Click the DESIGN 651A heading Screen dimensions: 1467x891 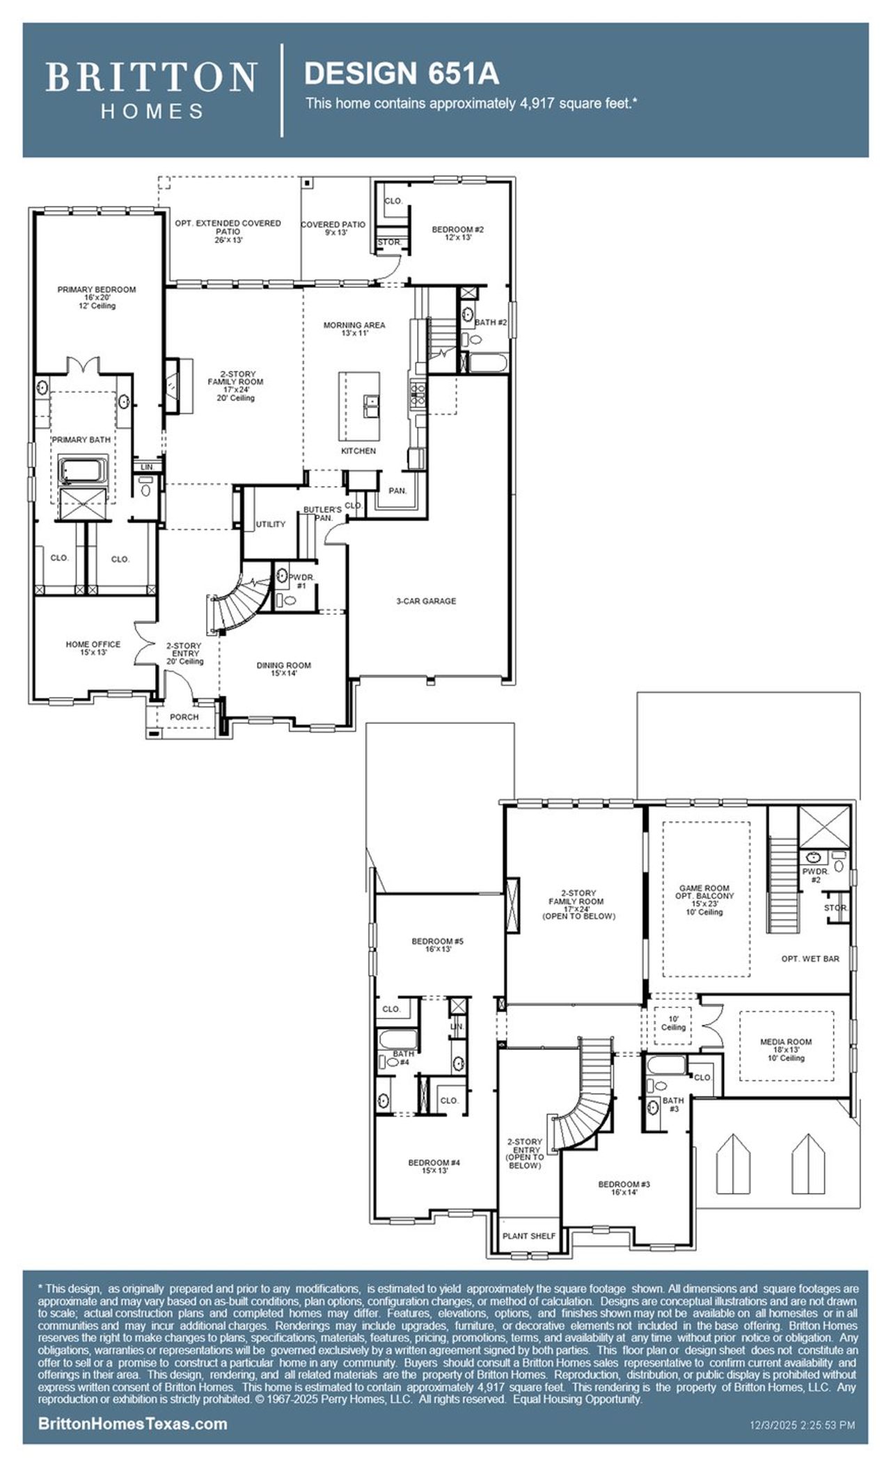pyautogui.click(x=402, y=72)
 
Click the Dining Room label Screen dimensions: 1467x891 pyautogui.click(x=283, y=668)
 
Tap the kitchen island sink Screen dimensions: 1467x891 pyautogui.click(x=370, y=401)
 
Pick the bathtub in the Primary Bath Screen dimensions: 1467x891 pyautogui.click(x=83, y=470)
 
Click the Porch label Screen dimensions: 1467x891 pyautogui.click(x=184, y=716)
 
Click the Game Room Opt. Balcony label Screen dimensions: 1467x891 pyautogui.click(x=705, y=899)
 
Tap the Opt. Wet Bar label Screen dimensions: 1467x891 pyautogui.click(x=810, y=959)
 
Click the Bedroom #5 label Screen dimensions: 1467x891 pyautogui.click(x=437, y=945)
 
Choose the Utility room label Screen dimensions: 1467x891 pyautogui.click(x=270, y=524)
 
